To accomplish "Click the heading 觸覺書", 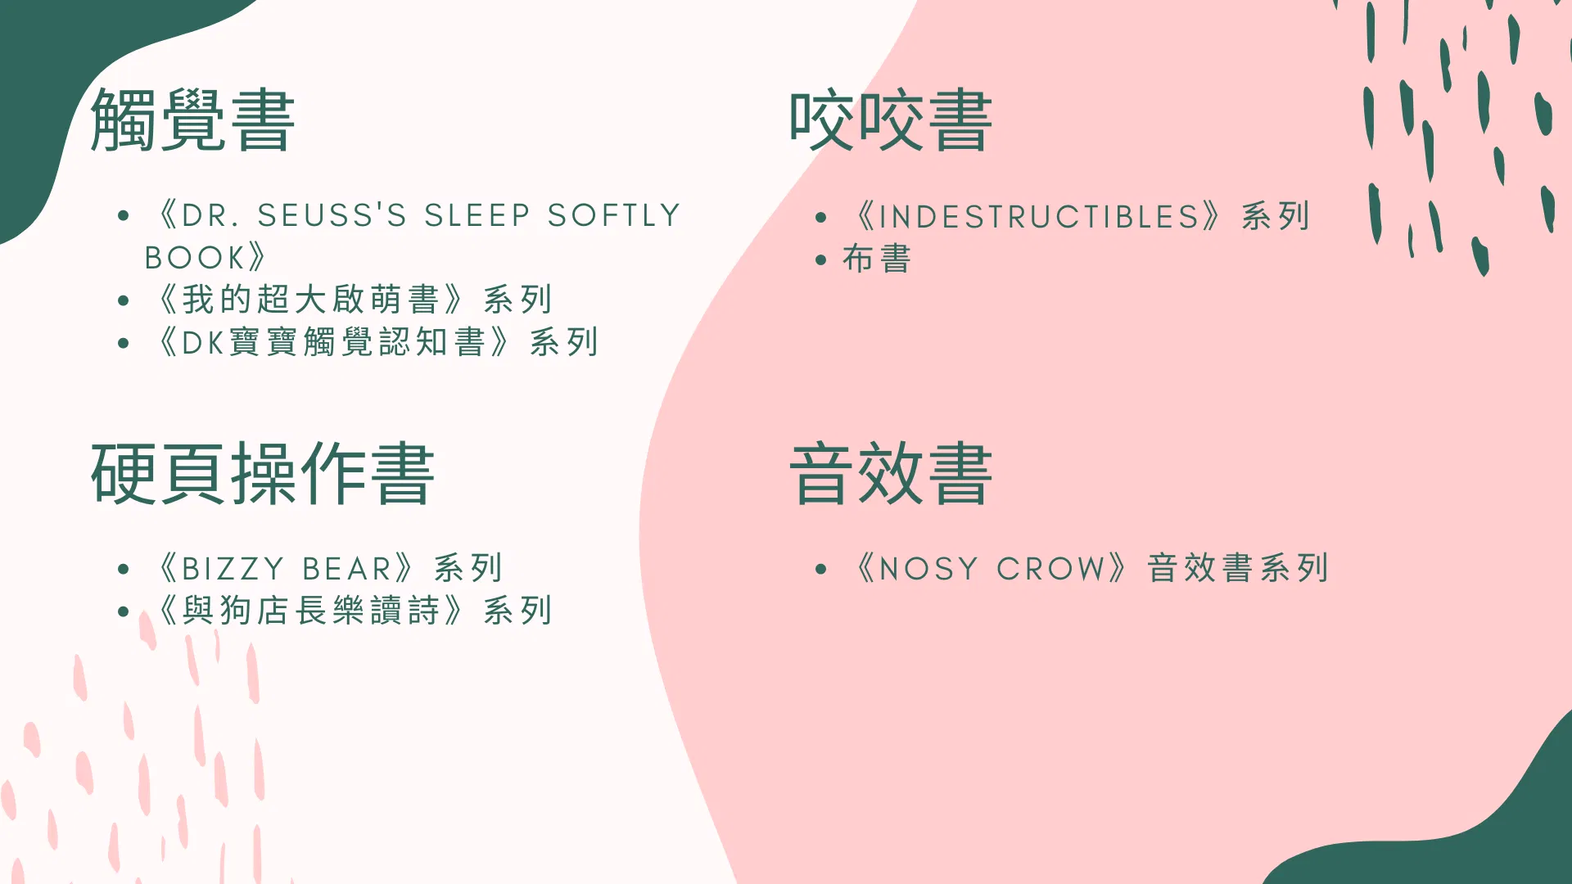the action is (x=192, y=120).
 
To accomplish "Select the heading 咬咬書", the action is (x=891, y=120).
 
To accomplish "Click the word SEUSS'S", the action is (x=332, y=215).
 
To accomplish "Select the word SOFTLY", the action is (x=614, y=215).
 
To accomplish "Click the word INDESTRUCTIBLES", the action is (x=1039, y=217).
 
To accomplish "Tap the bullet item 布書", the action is (x=877, y=259).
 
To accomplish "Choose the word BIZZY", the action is (x=233, y=569).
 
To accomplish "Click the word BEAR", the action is (x=347, y=569).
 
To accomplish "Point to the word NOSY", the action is (x=928, y=569).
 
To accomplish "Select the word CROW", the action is (x=1050, y=569).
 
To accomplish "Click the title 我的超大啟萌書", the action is (x=311, y=300).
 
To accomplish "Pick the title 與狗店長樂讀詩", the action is (x=311, y=611).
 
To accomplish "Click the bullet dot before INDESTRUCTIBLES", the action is (x=821, y=218).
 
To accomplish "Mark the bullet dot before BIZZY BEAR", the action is (x=124, y=569).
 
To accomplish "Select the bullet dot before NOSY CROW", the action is (x=821, y=569).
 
